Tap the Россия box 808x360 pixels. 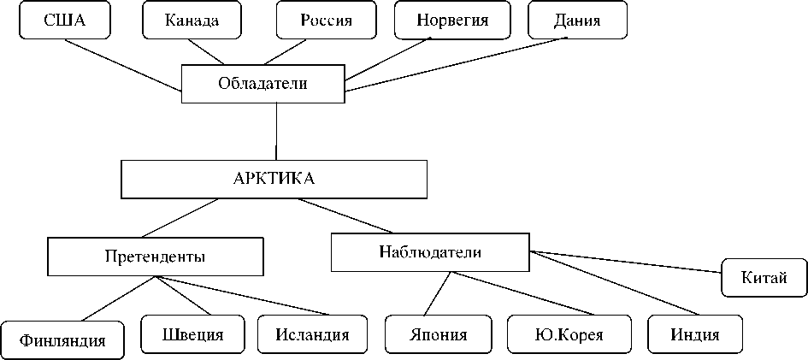click(x=327, y=21)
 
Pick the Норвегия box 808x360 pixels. click(x=452, y=21)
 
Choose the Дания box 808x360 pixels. click(x=577, y=21)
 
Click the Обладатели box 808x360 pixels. click(x=262, y=84)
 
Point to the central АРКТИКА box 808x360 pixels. click(x=274, y=179)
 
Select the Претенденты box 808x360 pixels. click(x=155, y=256)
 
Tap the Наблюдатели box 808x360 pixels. click(x=429, y=251)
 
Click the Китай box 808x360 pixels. click(x=764, y=277)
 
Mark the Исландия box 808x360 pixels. click(x=312, y=334)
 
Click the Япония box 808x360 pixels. click(x=438, y=334)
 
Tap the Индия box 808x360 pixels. click(x=694, y=334)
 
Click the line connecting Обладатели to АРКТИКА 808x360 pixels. click(x=275, y=130)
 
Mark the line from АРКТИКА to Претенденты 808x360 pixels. click(x=180, y=218)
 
